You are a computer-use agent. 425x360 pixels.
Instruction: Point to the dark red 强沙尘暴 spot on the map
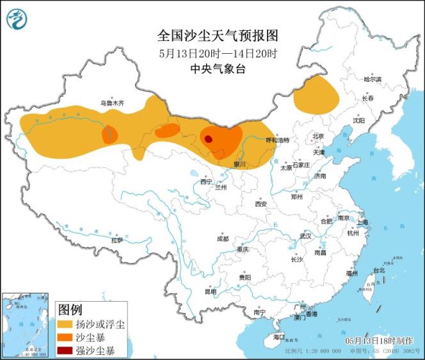click(x=208, y=138)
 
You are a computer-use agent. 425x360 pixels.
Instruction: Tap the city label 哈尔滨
click(x=372, y=79)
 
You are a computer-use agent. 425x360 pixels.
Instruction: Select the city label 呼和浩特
click(x=277, y=140)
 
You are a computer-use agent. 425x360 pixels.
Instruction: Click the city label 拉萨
click(x=116, y=240)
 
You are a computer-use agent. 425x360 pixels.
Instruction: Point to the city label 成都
click(x=222, y=238)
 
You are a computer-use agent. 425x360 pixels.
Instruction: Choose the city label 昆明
click(x=210, y=291)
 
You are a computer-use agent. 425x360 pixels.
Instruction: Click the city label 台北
click(x=379, y=270)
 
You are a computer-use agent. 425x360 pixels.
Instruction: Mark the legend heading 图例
click(x=70, y=309)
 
